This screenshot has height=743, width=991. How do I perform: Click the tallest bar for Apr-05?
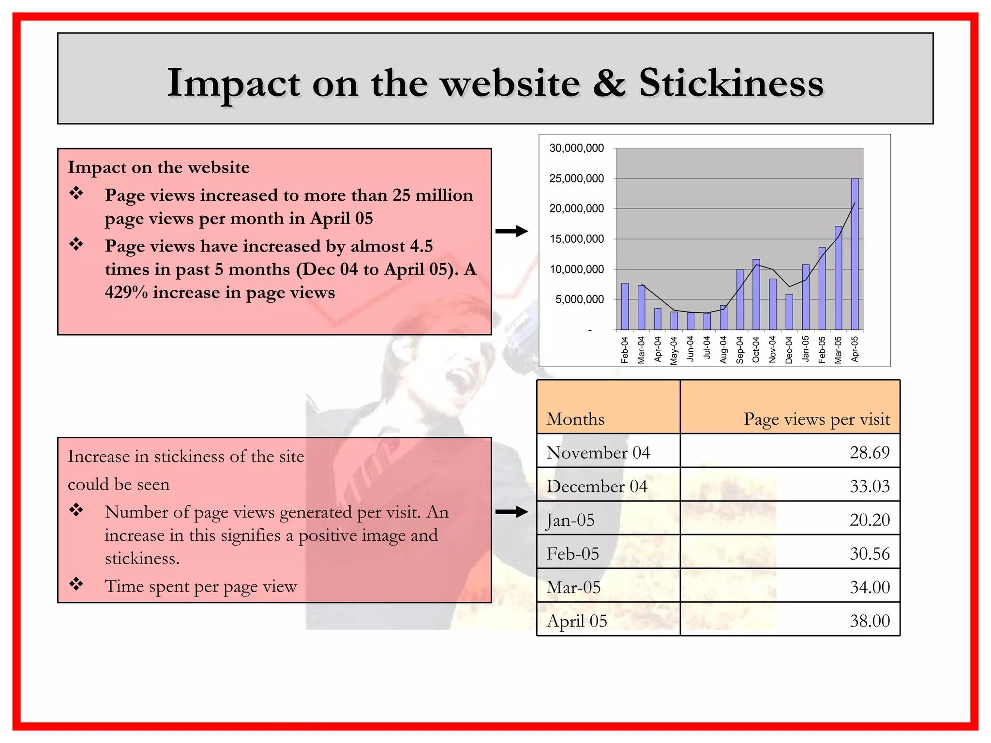[x=855, y=254]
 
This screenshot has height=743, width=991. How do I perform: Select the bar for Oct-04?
[x=756, y=295]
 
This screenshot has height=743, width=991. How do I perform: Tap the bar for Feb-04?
[x=625, y=307]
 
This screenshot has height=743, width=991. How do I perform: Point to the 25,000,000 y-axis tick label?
[x=576, y=178]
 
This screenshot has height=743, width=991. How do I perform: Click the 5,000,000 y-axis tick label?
[x=579, y=299]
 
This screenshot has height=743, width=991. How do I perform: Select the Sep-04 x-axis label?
[x=740, y=350]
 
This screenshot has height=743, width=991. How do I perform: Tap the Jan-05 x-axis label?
[x=806, y=349]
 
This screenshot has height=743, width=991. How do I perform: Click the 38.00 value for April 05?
[x=870, y=621]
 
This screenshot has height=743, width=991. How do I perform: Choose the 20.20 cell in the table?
[x=870, y=520]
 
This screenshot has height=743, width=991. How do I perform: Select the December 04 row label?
[x=597, y=486]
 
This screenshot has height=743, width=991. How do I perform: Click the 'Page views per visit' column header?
[x=817, y=419]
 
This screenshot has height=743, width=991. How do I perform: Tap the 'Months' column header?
[x=575, y=419]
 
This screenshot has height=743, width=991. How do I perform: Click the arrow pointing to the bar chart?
[x=511, y=231]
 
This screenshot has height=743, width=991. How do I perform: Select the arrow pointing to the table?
[x=511, y=512]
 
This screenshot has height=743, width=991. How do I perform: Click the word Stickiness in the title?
[x=731, y=83]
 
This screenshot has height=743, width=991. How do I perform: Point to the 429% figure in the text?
[x=126, y=293]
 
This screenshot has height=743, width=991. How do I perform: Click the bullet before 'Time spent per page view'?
[x=76, y=584]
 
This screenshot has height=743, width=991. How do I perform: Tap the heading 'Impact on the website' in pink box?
[x=159, y=167]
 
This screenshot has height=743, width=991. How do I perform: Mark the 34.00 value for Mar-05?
[x=870, y=587]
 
